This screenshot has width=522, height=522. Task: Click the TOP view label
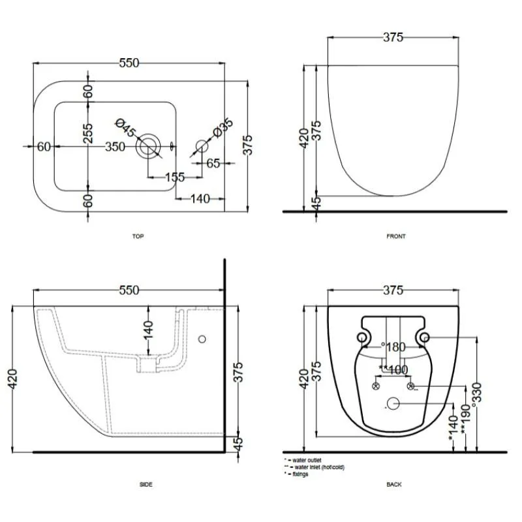coord(138,236)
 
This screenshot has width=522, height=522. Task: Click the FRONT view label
coord(396,236)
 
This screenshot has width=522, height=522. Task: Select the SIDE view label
coord(146,484)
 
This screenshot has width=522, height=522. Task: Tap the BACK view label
coord(394,484)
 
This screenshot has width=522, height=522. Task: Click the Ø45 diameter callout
coord(126,127)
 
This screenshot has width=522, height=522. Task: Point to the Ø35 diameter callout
coord(223,127)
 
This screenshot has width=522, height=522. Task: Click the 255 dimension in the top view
coord(88,133)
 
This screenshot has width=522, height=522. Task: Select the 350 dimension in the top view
coord(115,146)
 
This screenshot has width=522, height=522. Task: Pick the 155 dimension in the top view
coord(175,177)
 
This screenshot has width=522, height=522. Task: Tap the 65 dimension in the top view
coord(213,163)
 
